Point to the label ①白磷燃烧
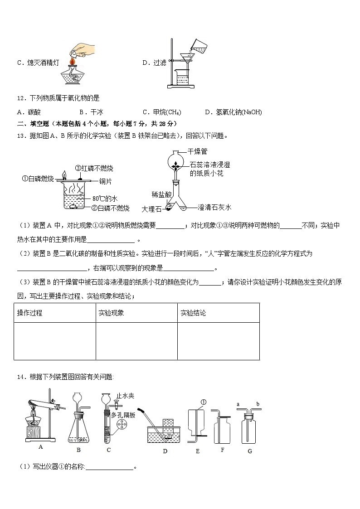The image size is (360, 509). coord(38,178)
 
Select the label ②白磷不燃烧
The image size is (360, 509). coord(110,208)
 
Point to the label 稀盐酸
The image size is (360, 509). coord(161,194)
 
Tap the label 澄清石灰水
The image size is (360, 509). coord(214,208)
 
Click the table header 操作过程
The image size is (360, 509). coord(29,313)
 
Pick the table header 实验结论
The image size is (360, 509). coord(193,313)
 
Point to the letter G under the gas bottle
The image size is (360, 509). coord(250,451)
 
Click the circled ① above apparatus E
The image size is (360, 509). coord(204,402)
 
